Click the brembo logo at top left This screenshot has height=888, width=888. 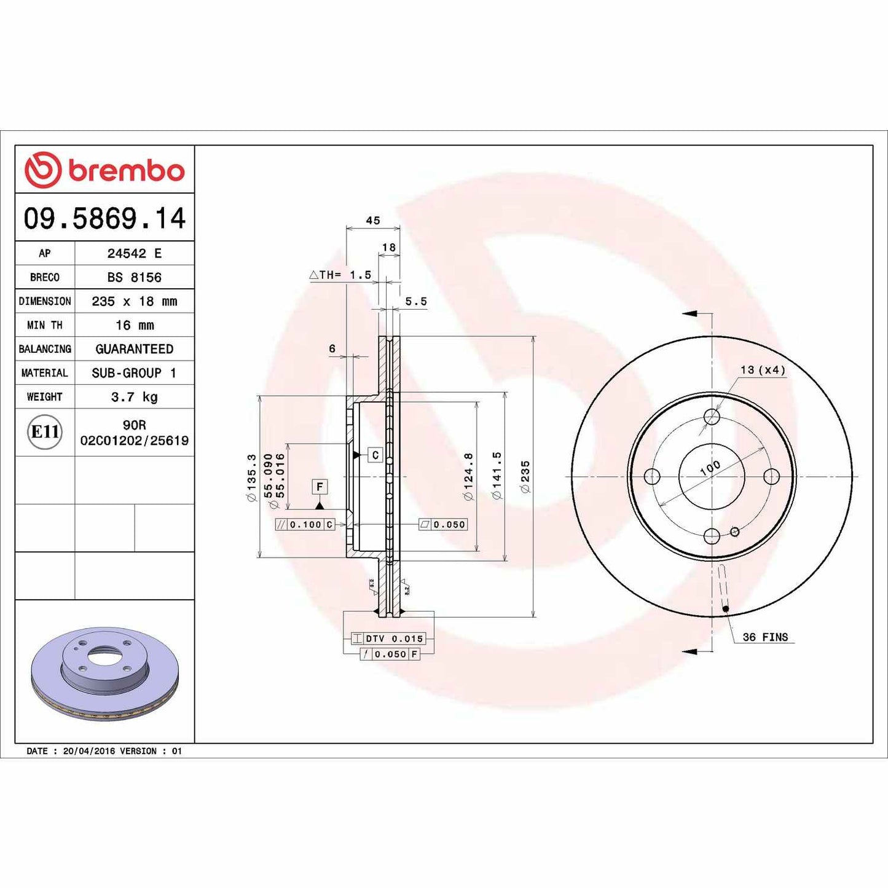[x=104, y=170]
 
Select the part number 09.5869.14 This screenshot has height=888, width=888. [x=104, y=219]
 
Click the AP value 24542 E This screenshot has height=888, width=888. [x=134, y=253]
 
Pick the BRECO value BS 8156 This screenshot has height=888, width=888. [x=134, y=277]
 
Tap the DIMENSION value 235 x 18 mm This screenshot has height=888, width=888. [x=134, y=301]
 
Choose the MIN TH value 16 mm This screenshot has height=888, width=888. [x=134, y=325]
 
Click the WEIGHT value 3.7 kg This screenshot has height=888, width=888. [x=134, y=397]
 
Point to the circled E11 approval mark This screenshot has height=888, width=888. [x=45, y=432]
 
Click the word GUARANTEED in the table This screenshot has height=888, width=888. [x=134, y=349]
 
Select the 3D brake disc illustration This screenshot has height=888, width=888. [x=104, y=673]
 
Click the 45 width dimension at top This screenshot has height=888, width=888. [x=373, y=221]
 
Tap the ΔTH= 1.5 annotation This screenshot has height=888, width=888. [x=340, y=275]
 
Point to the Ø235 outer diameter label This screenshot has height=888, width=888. [x=525, y=476]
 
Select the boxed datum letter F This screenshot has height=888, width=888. [x=320, y=487]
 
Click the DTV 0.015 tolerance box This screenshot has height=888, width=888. [x=393, y=639]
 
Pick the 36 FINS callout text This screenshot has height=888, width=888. [x=765, y=637]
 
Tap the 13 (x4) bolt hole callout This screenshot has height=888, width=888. [x=763, y=370]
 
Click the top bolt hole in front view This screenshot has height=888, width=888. [x=712, y=417]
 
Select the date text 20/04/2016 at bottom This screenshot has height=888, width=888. [x=88, y=751]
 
